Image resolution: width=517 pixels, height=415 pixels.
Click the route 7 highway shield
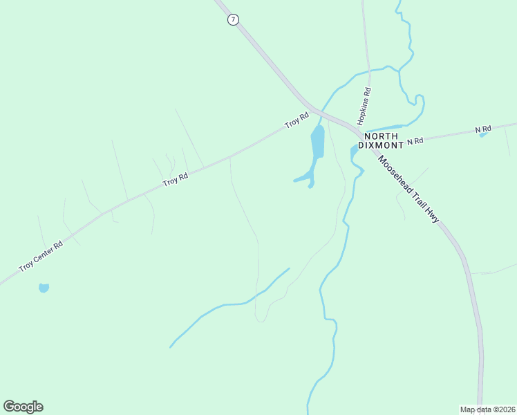[233, 19]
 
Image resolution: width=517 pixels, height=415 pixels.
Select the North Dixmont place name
[381, 142]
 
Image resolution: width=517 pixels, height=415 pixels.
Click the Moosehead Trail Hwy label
[408, 187]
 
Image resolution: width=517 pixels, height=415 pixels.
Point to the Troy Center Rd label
[41, 255]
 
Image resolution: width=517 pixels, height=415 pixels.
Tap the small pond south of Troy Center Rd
[44, 288]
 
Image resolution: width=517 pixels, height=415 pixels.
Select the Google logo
[23, 407]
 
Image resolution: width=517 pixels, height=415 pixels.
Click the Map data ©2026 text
[487, 409]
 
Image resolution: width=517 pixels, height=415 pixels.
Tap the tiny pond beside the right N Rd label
[483, 135]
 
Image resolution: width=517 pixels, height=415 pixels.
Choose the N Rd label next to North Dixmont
[415, 141]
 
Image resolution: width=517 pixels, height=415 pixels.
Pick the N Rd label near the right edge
[482, 129]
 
